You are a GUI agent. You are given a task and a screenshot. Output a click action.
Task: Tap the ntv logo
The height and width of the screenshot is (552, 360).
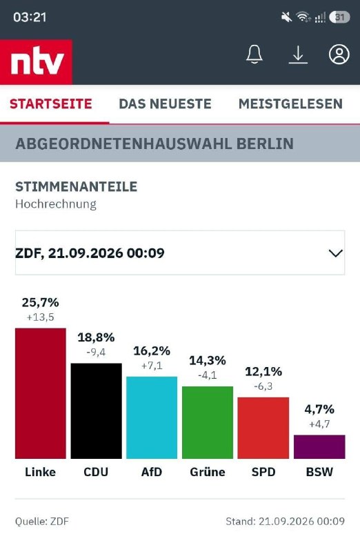[37, 62]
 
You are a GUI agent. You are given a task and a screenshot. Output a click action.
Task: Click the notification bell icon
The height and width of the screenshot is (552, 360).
[254, 55]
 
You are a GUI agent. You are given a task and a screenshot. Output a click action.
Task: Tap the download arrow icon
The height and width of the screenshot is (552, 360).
[298, 55]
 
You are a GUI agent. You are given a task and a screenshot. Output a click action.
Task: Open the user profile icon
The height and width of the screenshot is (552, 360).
[339, 55]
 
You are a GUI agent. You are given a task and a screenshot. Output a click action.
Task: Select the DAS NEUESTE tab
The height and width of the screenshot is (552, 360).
[165, 104]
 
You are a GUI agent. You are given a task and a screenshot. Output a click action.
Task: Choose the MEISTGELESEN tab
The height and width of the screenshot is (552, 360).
[290, 104]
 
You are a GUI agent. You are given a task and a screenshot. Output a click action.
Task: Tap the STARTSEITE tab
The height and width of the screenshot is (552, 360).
[51, 104]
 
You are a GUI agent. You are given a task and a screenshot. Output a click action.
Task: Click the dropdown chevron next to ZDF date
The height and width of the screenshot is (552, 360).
[335, 253]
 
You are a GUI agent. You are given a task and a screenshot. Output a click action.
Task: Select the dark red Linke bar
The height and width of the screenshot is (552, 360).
[41, 393]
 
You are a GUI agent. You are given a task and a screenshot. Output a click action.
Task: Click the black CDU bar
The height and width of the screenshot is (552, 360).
[96, 411]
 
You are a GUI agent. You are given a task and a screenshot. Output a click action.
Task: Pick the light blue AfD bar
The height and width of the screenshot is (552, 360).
[152, 417]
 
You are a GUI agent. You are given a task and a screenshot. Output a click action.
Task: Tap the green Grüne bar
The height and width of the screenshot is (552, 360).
[208, 422]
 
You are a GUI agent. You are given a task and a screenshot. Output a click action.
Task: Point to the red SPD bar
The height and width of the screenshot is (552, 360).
[263, 428]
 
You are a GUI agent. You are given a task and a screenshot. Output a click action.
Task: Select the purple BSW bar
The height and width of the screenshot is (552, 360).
[319, 446]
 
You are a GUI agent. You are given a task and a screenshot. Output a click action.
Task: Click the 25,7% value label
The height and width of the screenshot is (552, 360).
[41, 302]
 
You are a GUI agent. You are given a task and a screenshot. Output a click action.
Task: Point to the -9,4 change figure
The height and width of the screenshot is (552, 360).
[96, 352]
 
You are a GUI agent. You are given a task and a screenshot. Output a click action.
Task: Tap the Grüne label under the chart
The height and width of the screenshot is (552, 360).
[208, 472]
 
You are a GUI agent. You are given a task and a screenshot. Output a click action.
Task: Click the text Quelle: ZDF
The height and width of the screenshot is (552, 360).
[42, 522]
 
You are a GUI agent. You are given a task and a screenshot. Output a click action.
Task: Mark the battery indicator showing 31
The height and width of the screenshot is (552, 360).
[339, 17]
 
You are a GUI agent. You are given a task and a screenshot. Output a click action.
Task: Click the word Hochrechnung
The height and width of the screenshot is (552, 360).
[56, 204]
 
